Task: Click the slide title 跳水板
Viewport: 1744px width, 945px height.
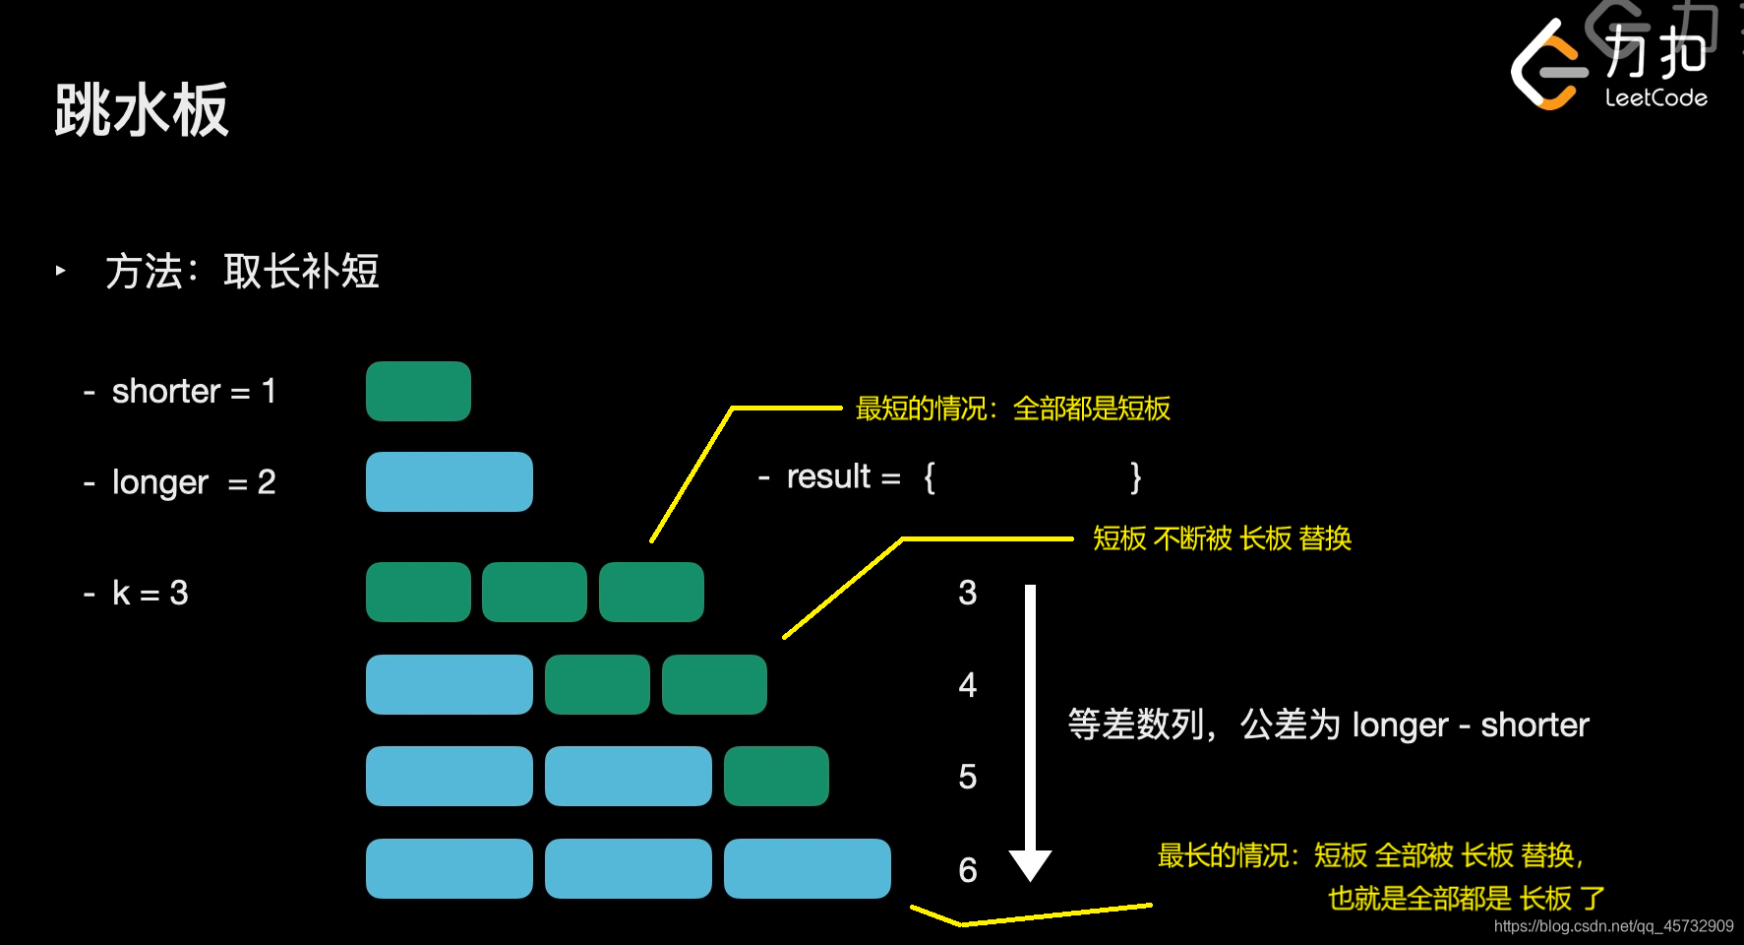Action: pos(142,109)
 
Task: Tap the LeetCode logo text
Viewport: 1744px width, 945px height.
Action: pos(1655,97)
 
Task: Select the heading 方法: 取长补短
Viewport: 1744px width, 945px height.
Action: pos(242,272)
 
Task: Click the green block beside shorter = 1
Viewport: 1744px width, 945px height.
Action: pos(418,392)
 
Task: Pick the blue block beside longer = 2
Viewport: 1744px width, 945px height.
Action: pos(449,482)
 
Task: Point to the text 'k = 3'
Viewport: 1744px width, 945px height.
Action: pos(150,593)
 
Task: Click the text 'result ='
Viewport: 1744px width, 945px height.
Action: pos(843,477)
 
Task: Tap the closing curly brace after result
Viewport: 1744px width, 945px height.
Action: pos(1135,477)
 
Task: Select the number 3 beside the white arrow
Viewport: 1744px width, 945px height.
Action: pos(967,593)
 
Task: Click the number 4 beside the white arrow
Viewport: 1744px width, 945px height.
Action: pos(967,684)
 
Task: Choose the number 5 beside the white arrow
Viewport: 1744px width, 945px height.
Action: pos(967,777)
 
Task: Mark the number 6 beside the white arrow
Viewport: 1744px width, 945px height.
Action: pos(967,869)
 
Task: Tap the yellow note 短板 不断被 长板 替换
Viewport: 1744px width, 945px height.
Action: pos(1222,538)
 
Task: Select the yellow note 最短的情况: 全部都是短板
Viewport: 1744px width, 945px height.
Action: pos(1012,409)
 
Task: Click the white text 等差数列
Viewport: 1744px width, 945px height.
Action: pos(1135,724)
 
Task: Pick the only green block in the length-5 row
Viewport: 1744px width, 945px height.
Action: pos(776,777)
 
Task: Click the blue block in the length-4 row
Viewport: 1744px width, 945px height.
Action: pos(449,684)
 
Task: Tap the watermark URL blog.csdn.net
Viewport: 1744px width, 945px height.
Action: pos(1613,926)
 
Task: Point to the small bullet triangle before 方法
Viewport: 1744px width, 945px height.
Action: pos(61,270)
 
